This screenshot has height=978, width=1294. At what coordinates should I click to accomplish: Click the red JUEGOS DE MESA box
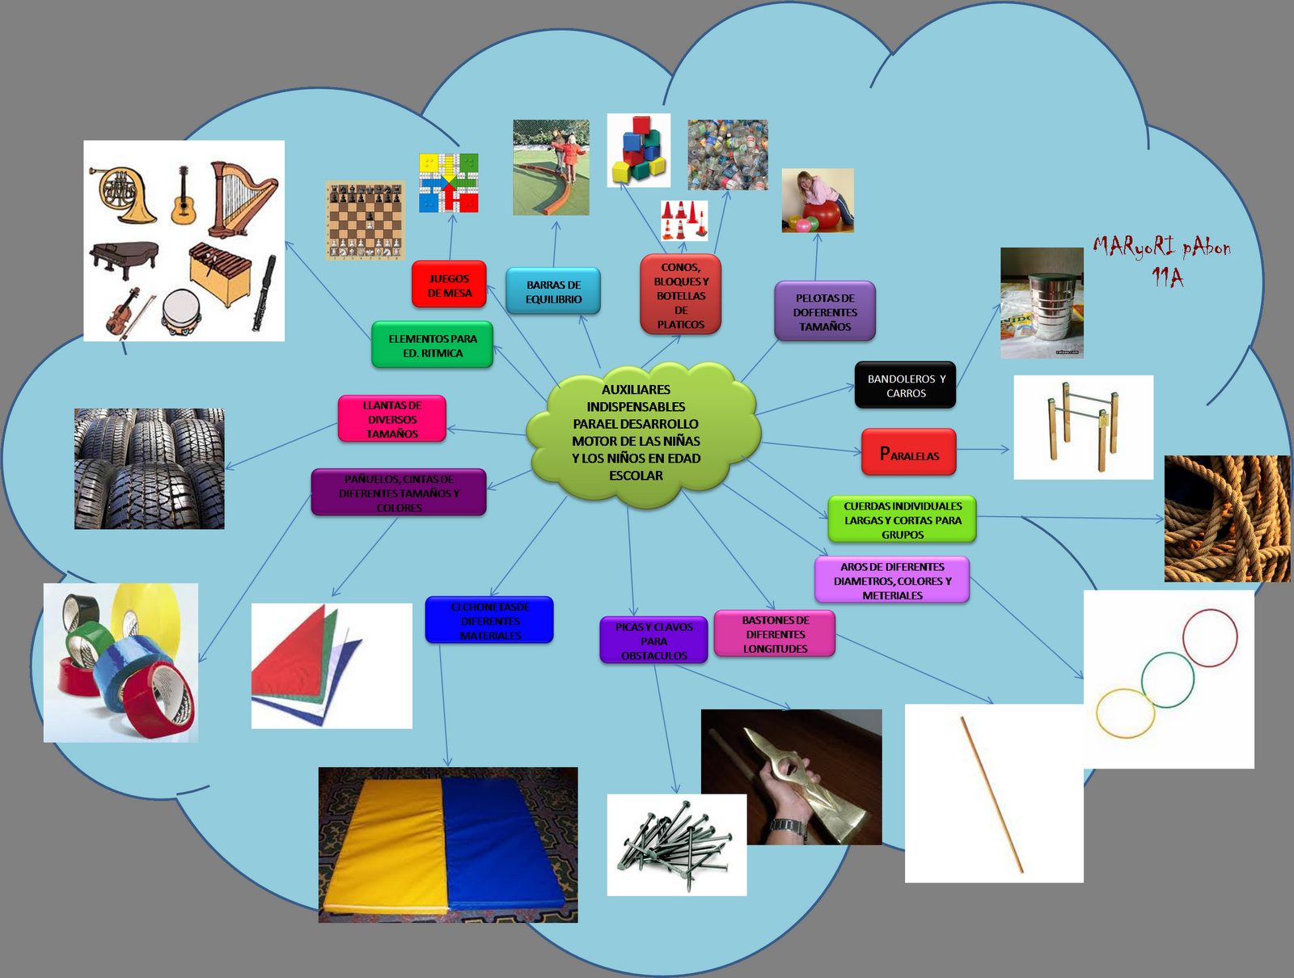pyautogui.click(x=449, y=285)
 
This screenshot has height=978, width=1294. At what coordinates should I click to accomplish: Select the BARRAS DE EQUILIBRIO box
pyautogui.click(x=553, y=291)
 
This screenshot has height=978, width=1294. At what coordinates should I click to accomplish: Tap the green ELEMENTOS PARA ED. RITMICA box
pyautogui.click(x=433, y=345)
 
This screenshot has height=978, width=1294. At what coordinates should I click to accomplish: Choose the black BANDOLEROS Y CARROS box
pyautogui.click(x=906, y=385)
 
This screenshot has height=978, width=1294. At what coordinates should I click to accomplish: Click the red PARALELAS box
pyautogui.click(x=909, y=453)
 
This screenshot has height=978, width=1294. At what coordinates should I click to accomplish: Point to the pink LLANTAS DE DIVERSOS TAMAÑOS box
pyautogui.click(x=392, y=419)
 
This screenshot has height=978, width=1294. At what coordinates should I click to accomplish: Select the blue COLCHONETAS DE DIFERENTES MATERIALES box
pyautogui.click(x=490, y=620)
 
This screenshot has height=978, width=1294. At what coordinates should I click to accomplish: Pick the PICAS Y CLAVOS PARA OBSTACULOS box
pyautogui.click(x=653, y=641)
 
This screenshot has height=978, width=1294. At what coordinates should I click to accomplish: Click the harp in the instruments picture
pyautogui.click(x=240, y=198)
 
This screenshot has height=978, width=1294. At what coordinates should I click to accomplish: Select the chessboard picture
pyautogui.click(x=365, y=221)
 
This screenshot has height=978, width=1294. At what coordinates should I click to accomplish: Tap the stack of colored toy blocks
pyautogui.click(x=639, y=151)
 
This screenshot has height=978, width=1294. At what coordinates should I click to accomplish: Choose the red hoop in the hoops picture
pyautogui.click(x=1210, y=637)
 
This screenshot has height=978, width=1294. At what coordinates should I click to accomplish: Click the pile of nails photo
pyautogui.click(x=676, y=845)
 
